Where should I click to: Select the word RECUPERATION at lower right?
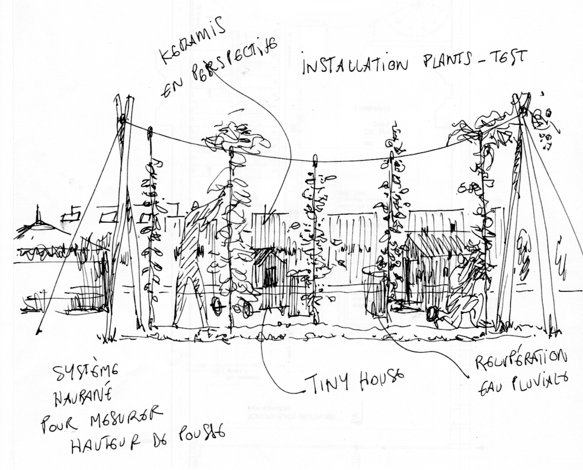[x=520, y=360]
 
